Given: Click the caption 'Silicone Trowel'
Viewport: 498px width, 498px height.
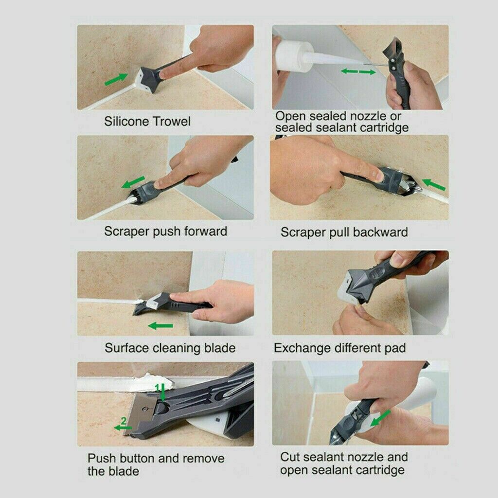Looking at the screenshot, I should tap(147, 121).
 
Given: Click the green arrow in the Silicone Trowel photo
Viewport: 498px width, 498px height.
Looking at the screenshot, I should tap(117, 78).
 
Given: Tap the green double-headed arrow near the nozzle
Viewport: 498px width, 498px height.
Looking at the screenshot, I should tap(358, 72).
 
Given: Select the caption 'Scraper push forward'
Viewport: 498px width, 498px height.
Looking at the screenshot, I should tap(165, 231).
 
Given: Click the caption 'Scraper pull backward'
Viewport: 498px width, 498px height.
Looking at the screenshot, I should tap(344, 232).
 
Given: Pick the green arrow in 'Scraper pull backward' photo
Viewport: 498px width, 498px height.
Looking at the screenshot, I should tap(434, 184).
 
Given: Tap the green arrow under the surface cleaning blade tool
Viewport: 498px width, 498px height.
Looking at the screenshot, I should tap(160, 325).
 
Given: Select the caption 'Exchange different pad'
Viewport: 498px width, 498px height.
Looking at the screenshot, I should tap(339, 348).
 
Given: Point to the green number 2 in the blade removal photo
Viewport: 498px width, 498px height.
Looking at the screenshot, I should tap(124, 421).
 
